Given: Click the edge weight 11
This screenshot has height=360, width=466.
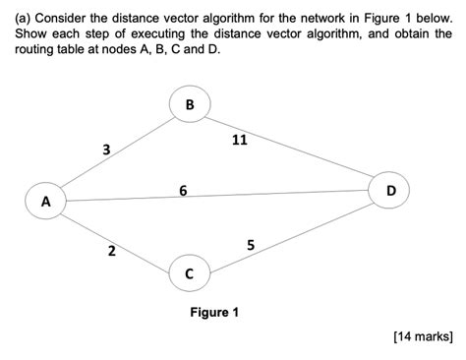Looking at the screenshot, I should (239, 140).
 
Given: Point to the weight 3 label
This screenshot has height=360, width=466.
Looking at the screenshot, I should (105, 150).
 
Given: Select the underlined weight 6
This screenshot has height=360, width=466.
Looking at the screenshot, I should (184, 189).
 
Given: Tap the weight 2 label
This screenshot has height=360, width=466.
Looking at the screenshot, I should (111, 253).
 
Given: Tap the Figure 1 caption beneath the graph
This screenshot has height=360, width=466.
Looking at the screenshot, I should (214, 313).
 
